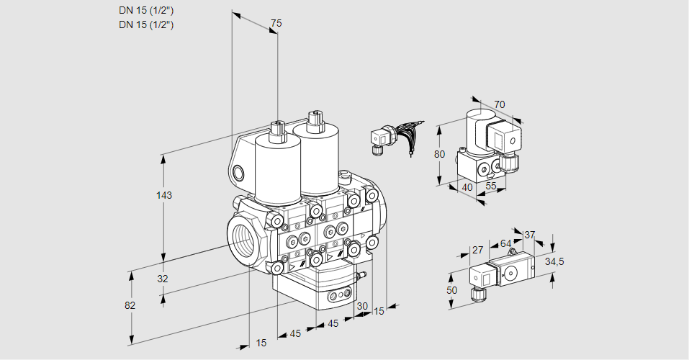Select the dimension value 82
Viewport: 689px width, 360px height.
coord(130,305)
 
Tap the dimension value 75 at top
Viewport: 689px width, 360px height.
coord(276,24)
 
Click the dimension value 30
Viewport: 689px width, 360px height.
coord(361,305)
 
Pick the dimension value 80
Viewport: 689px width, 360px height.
coord(440,154)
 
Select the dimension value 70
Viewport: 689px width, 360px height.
coord(500,104)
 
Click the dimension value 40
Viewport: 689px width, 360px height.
coord(467,187)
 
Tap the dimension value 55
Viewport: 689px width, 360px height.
coord(492,186)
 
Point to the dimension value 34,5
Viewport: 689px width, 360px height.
coord(554,261)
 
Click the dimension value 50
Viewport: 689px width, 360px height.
coord(451,289)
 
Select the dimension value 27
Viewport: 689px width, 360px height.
coord(477,251)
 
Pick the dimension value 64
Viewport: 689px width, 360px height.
coord(505,243)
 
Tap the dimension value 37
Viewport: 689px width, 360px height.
coord(529,235)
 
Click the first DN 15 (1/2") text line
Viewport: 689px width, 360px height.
coord(147,10)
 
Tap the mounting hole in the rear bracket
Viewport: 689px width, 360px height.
coord(238,173)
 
